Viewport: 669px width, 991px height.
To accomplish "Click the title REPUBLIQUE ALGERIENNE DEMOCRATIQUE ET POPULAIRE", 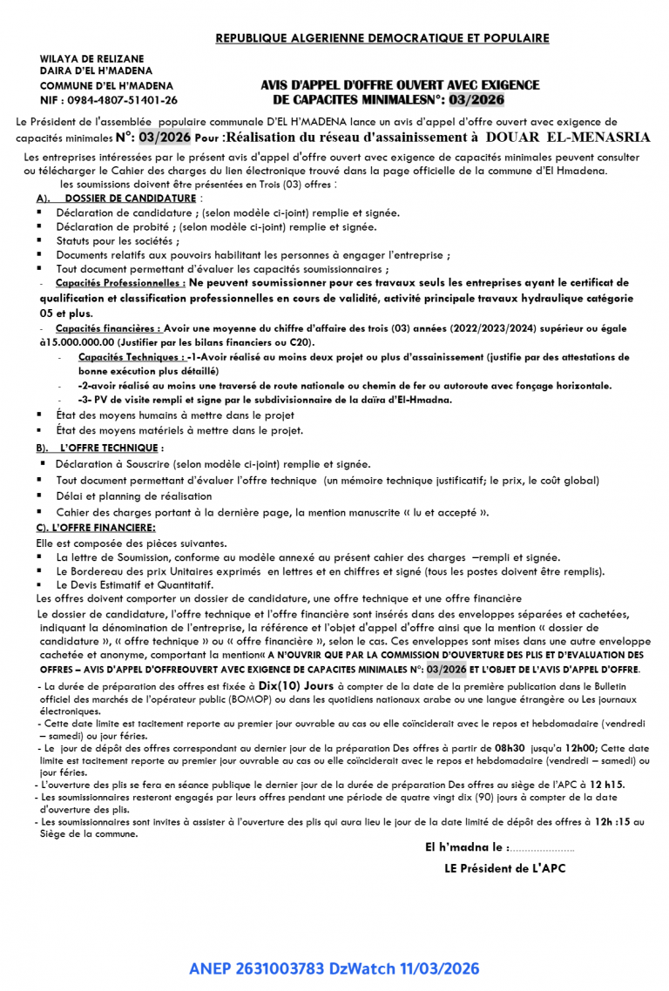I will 382,38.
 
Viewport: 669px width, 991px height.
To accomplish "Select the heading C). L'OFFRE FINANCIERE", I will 96,528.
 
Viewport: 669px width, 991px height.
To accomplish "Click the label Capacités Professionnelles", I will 120,283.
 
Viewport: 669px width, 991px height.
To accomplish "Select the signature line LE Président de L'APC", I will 504,867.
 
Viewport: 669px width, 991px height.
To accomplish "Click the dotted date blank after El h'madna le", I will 542,846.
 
